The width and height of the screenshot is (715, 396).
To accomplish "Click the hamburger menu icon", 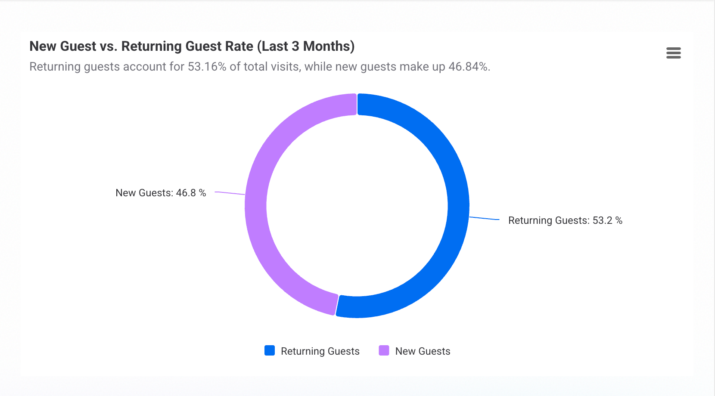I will [673, 53].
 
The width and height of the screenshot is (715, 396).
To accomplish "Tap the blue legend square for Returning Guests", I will [270, 350].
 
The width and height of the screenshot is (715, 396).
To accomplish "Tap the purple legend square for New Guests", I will [384, 350].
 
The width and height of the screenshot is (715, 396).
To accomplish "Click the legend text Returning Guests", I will [320, 351].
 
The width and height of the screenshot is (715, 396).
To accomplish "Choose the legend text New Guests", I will [423, 351].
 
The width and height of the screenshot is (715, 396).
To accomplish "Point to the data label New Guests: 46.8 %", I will [161, 193].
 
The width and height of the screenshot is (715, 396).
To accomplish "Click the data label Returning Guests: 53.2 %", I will [565, 220].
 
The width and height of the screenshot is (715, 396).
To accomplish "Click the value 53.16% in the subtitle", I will [207, 67].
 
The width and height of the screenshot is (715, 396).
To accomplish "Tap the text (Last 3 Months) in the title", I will [306, 46].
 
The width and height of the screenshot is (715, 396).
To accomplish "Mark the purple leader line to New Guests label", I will [230, 193].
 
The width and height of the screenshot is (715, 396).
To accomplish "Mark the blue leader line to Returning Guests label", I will [484, 219].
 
